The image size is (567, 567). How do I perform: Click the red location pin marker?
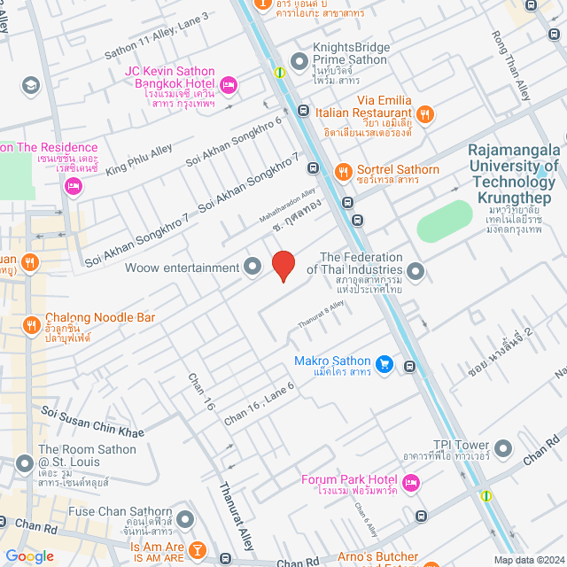(283, 266)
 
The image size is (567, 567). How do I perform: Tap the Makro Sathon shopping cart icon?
(384, 362)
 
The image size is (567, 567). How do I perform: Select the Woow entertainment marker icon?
(252, 267)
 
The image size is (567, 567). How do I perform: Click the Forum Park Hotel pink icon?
(410, 482)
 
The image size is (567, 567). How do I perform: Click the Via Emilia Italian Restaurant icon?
(425, 113)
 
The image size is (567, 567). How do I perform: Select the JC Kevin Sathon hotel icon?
(228, 84)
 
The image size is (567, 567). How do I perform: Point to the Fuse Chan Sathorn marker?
(185, 518)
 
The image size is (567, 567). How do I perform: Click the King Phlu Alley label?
(139, 159)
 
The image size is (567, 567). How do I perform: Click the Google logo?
(29, 556)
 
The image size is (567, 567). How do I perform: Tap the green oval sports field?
(446, 221)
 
